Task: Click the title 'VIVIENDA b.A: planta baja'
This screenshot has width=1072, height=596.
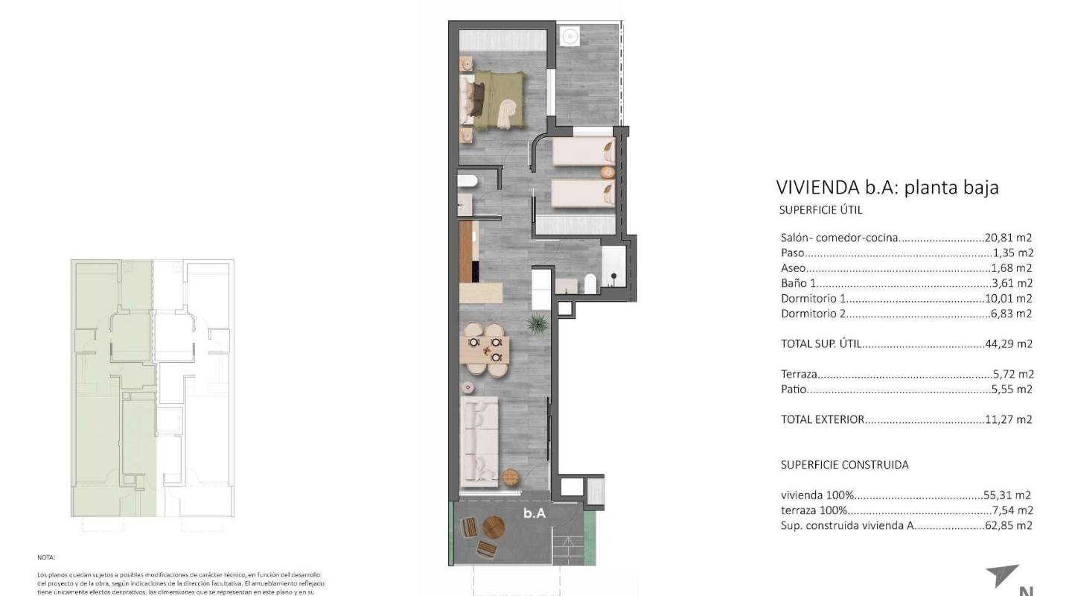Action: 887,187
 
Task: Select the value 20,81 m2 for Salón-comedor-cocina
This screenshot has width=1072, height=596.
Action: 1010,238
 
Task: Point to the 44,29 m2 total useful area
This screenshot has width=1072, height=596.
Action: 1010,344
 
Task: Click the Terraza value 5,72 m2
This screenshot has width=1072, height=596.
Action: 1013,374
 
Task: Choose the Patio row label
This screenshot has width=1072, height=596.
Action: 794,390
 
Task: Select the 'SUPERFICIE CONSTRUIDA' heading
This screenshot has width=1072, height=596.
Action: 844,465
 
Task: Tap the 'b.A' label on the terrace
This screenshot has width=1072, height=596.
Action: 535,513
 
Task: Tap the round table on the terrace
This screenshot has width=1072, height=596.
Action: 494,527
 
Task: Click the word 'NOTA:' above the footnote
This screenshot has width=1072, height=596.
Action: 46,557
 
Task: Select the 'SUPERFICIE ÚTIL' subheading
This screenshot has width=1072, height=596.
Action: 820,211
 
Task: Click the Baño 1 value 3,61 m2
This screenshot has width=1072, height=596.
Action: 1013,283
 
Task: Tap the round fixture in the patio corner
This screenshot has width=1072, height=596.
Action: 571,35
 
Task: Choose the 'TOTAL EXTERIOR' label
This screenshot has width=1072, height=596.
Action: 823,419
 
